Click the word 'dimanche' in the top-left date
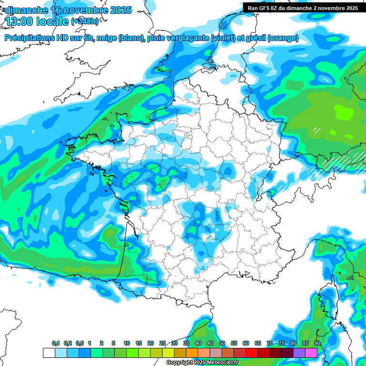[23, 10]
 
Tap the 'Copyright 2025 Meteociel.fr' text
[202, 363]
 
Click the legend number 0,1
[56, 344]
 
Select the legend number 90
[317, 344]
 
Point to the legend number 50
[222, 344]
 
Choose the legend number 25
[163, 344]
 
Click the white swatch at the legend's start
[49, 353]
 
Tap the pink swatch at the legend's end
[311, 353]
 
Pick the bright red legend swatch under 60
[252, 353]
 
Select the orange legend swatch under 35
[192, 353]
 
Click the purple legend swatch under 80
[299, 353]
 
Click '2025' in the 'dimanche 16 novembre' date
[121, 10]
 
